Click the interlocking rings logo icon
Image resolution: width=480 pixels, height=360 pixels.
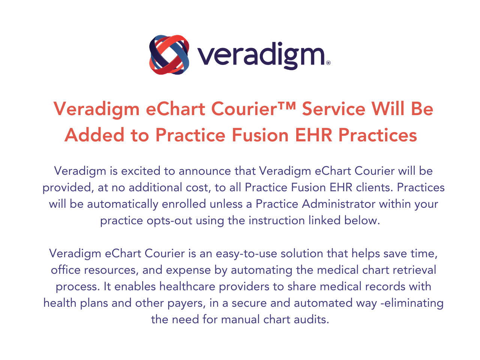(x=169, y=55)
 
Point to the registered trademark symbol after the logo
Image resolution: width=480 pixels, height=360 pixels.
(x=328, y=63)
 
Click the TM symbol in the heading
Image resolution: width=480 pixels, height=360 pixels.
(x=286, y=105)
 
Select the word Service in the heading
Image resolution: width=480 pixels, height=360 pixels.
(x=333, y=109)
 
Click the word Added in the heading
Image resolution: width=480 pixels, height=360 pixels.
(x=94, y=135)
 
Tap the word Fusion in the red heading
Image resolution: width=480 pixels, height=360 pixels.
(x=260, y=135)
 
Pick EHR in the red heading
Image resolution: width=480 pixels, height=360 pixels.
(x=313, y=135)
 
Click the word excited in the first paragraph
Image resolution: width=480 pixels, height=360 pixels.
(x=141, y=171)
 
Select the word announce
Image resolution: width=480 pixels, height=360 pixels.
(x=205, y=171)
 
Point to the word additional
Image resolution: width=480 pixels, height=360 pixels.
(x=155, y=187)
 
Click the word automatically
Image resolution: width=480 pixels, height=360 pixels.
(x=123, y=204)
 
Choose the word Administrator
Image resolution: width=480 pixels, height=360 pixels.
(x=339, y=204)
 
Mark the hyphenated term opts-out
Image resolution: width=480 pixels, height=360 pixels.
(x=169, y=221)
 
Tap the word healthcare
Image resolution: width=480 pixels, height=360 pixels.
(x=187, y=286)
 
